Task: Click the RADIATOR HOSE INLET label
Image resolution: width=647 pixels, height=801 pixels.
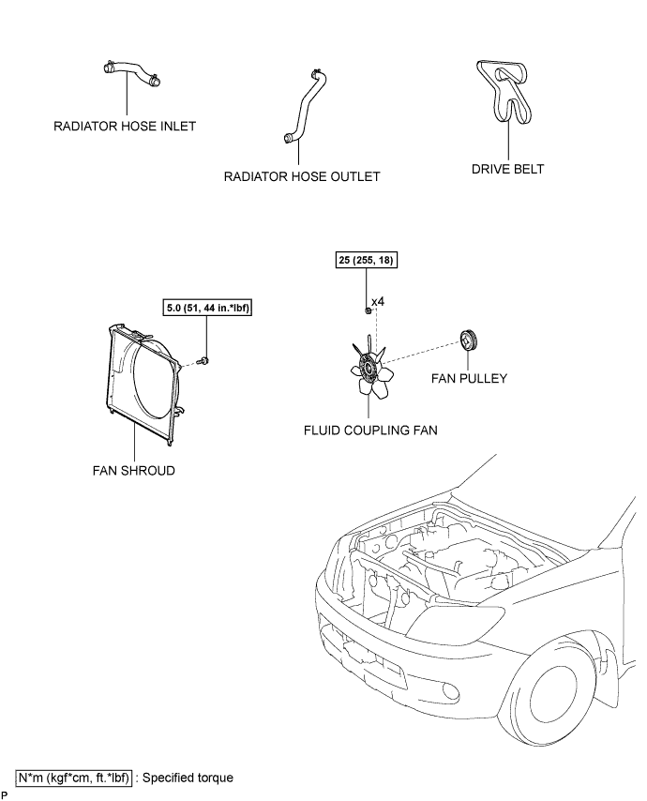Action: [125, 127]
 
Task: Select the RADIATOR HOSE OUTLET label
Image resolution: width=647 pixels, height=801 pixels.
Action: [302, 176]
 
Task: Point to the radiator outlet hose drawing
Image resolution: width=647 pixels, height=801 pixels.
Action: [305, 106]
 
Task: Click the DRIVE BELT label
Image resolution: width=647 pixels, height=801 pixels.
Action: [507, 169]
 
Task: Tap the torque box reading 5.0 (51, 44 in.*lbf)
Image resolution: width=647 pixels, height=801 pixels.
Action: [208, 308]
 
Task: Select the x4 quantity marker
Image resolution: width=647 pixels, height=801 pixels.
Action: [378, 301]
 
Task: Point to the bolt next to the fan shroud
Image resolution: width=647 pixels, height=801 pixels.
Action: [205, 362]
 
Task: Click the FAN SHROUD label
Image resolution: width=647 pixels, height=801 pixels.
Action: [134, 471]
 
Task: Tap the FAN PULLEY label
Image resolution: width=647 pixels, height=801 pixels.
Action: [469, 379]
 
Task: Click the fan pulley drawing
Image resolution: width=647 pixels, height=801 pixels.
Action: [468, 340]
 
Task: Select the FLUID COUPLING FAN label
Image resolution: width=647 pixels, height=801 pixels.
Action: [370, 431]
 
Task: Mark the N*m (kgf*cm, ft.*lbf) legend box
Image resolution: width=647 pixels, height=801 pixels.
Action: [74, 778]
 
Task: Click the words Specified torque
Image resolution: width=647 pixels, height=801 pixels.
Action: [188, 778]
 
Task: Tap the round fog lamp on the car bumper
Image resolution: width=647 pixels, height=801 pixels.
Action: [451, 690]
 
